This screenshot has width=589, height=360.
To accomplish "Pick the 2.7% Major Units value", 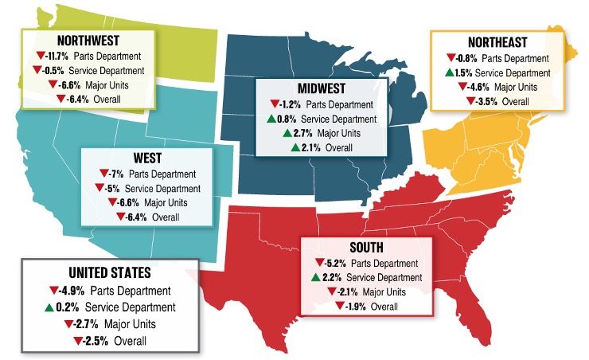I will (303, 133).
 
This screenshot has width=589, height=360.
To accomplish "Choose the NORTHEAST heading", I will (481, 43).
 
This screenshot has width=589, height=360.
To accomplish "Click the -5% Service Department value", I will (112, 189).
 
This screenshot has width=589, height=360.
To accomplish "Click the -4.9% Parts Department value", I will (70, 289).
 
